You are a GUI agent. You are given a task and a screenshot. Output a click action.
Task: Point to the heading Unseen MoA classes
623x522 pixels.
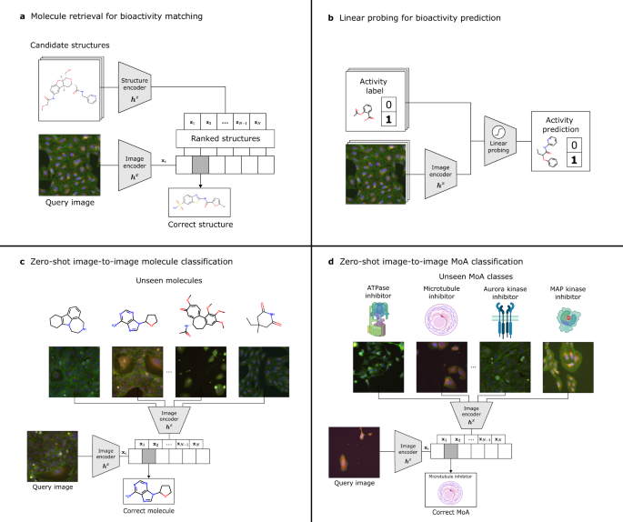(459, 276)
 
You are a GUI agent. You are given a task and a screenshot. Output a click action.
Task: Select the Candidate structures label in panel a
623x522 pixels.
(71, 44)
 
